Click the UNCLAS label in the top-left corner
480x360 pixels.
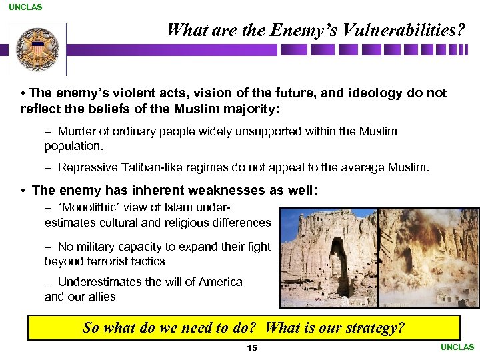(x=25, y=7)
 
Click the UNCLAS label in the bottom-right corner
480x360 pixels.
(x=457, y=347)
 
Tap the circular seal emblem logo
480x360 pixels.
(x=38, y=49)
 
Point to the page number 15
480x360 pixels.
(x=252, y=349)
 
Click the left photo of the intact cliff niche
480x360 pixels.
(x=328, y=257)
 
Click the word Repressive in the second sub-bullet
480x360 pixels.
(x=85, y=167)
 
